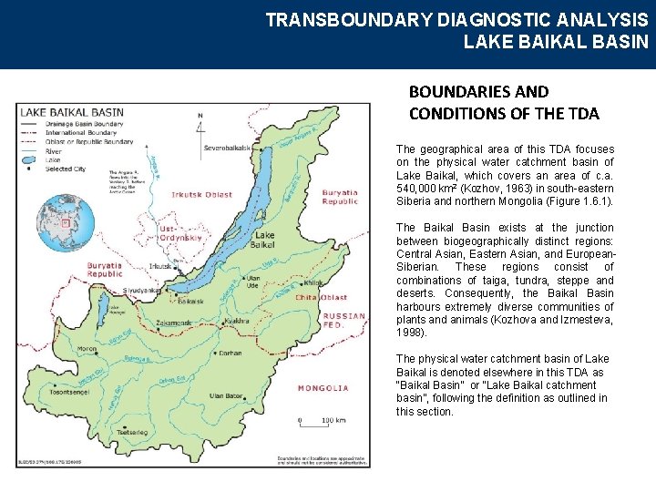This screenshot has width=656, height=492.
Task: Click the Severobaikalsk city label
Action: tap(227, 148)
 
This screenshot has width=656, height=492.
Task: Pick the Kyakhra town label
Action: tap(236, 321)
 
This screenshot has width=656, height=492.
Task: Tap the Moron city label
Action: tap(87, 349)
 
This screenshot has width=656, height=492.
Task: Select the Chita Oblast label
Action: tap(322, 297)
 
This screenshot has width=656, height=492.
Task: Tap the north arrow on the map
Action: tap(200, 123)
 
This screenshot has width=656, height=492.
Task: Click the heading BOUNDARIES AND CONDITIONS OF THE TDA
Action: tap(504, 102)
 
